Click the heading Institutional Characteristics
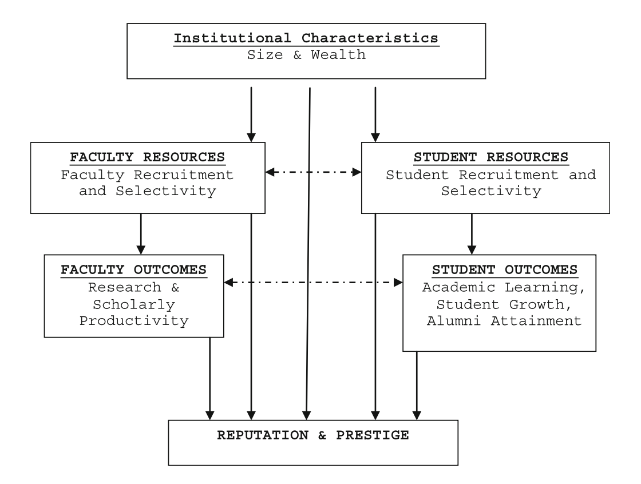point(306,39)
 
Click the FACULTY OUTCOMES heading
point(134,269)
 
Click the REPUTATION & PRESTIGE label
point(313,435)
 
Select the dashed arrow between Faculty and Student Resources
point(313,171)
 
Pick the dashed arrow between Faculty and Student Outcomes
point(313,282)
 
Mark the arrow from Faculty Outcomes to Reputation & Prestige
point(210,378)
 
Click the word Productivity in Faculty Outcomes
point(134,320)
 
